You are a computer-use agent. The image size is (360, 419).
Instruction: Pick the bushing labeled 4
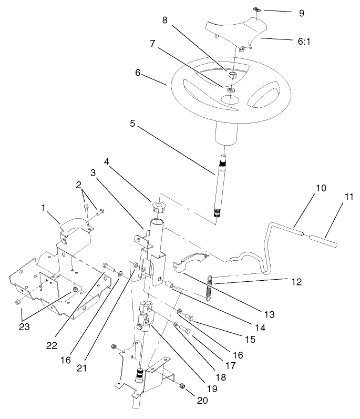(x=158, y=206)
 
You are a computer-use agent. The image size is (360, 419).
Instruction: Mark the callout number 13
(x=270, y=315)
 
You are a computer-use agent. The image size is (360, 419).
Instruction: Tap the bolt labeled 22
(x=109, y=266)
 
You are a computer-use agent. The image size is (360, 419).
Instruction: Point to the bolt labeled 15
(x=190, y=318)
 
